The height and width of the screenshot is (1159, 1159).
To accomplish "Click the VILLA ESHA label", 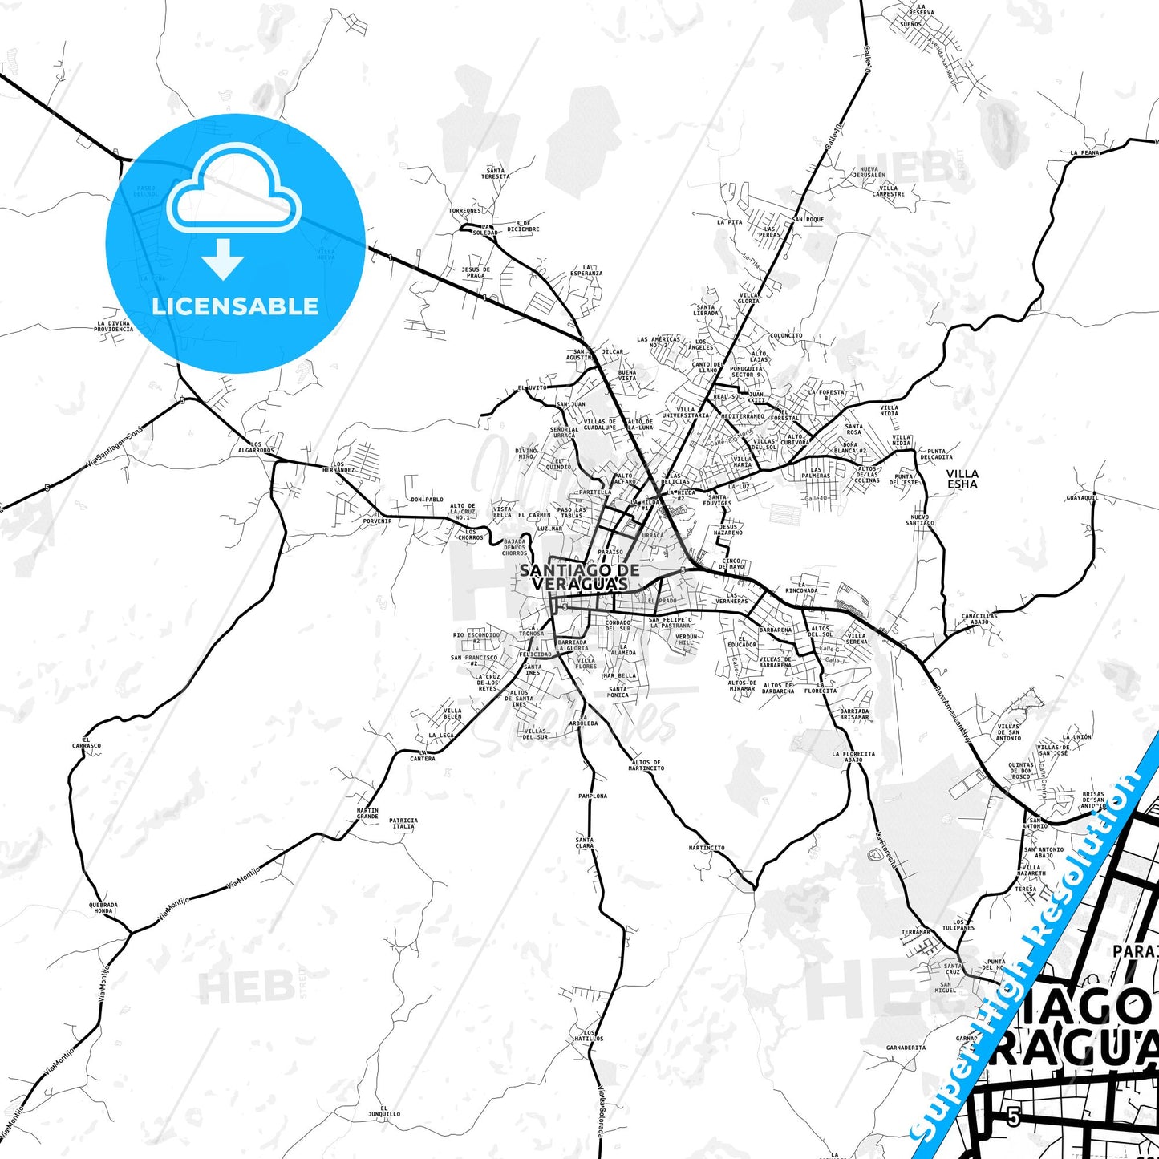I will (x=962, y=479).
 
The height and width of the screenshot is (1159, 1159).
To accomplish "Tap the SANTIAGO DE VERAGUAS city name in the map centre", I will (x=579, y=577).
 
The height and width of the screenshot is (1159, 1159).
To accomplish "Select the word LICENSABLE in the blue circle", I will (x=235, y=306).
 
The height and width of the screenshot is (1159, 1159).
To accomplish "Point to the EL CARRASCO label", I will (x=86, y=743).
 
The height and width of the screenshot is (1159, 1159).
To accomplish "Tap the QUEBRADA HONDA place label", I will (x=103, y=908).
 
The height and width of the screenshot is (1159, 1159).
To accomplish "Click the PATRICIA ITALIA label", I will (x=403, y=823).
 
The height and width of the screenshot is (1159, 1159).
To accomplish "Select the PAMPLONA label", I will (x=593, y=796).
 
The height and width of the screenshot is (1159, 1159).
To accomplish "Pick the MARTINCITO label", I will (x=706, y=848).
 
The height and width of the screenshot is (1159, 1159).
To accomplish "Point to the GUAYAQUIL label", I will (x=1082, y=498).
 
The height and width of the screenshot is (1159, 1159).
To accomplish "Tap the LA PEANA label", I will (x=1084, y=152).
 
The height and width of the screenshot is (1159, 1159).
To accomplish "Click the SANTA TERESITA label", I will (x=496, y=173).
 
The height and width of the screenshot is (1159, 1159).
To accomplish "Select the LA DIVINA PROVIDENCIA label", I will (x=113, y=326).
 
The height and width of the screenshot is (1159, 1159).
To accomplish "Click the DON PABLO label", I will (x=427, y=500).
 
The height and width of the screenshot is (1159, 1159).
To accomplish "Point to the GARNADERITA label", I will (x=906, y=1048).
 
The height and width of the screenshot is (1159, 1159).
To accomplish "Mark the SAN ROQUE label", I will (x=808, y=219).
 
